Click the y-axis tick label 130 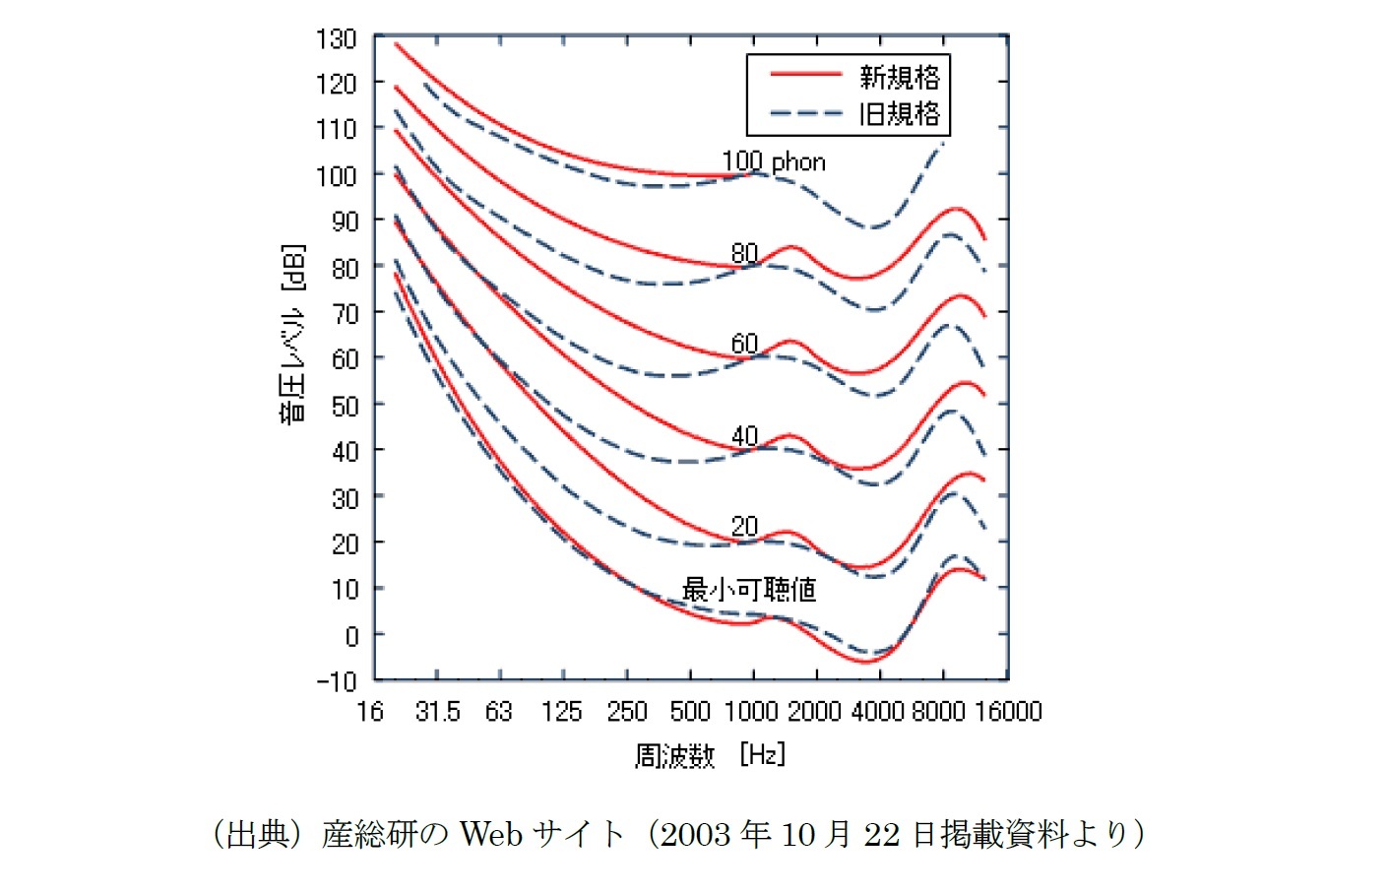pyautogui.click(x=336, y=39)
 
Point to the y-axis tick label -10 pyautogui.click(x=336, y=680)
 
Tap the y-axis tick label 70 pyautogui.click(x=344, y=313)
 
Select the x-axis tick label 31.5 pyautogui.click(x=437, y=712)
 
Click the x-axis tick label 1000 pyautogui.click(x=751, y=712)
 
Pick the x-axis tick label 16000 pyautogui.click(x=1008, y=712)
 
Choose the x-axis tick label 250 pyautogui.click(x=627, y=712)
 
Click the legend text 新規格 pyautogui.click(x=900, y=77)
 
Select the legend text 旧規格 pyautogui.click(x=900, y=114)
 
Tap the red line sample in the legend pyautogui.click(x=805, y=74)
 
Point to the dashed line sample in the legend pyautogui.click(x=805, y=113)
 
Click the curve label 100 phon pyautogui.click(x=774, y=161)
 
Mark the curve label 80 pyautogui.click(x=744, y=253)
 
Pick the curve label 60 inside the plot pyautogui.click(x=744, y=344)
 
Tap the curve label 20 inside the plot pyautogui.click(x=744, y=527)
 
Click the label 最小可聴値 pyautogui.click(x=749, y=590)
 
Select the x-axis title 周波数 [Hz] pyautogui.click(x=710, y=755)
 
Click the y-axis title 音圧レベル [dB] pyautogui.click(x=293, y=334)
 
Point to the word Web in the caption pyautogui.click(x=490, y=835)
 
